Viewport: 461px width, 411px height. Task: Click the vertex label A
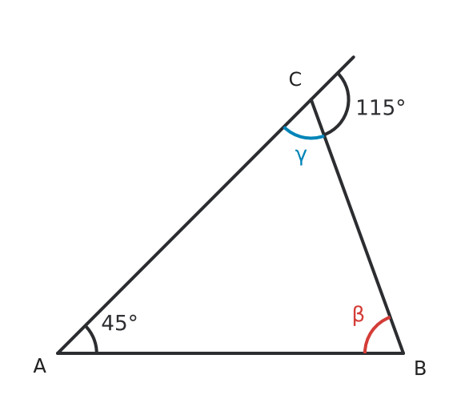click(x=40, y=366)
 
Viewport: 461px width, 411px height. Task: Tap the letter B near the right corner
click(x=420, y=368)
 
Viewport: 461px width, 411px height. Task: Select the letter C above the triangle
click(x=295, y=79)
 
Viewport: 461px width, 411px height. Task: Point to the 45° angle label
click(x=119, y=323)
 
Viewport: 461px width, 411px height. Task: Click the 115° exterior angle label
click(x=380, y=107)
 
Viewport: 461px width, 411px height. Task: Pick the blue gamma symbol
click(x=301, y=157)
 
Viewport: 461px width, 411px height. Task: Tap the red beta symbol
click(x=359, y=316)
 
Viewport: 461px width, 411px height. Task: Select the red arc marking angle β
click(x=372, y=329)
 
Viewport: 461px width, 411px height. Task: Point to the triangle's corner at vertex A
click(x=58, y=353)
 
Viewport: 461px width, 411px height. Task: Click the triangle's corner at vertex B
click(x=403, y=353)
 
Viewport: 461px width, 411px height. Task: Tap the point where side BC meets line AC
click(x=311, y=100)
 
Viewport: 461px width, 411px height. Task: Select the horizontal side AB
click(x=230, y=353)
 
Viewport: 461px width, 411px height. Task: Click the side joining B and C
click(x=357, y=227)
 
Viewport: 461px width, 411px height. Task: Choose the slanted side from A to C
click(x=184, y=227)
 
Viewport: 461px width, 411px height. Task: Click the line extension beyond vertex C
click(x=332, y=79)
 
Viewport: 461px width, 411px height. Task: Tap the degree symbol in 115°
click(x=401, y=103)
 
